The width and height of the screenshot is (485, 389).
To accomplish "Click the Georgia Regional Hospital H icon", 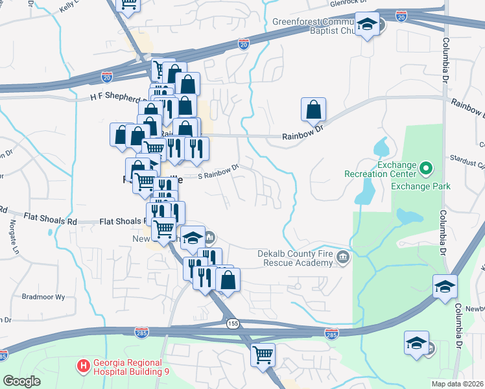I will click(83, 366).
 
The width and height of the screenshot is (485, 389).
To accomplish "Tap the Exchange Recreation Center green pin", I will click(425, 169).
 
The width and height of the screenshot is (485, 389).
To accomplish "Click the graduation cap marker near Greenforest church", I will click(368, 25).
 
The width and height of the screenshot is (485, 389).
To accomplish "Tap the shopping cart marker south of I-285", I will click(263, 355).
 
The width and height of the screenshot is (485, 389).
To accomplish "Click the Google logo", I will click(21, 381).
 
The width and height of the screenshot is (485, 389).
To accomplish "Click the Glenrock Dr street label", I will click(348, 3).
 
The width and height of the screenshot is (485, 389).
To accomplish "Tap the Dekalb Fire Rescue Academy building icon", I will click(342, 258).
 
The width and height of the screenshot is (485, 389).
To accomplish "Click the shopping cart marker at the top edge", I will click(128, 4).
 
